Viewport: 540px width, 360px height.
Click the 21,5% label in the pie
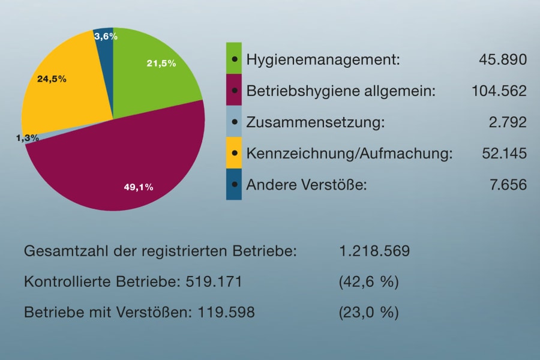(x=161, y=64)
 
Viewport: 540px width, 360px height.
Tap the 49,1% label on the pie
(x=138, y=187)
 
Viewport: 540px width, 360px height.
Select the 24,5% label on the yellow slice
(x=52, y=79)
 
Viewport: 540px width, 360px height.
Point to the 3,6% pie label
(x=106, y=37)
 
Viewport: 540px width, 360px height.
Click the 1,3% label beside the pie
(x=28, y=138)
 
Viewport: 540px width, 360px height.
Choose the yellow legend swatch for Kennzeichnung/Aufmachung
(x=233, y=153)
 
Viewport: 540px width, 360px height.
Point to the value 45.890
(x=503, y=59)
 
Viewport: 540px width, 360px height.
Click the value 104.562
(x=499, y=91)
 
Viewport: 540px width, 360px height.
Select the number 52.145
(x=504, y=154)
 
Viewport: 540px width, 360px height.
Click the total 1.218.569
(x=374, y=251)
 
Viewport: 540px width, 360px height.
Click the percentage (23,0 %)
(x=368, y=313)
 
